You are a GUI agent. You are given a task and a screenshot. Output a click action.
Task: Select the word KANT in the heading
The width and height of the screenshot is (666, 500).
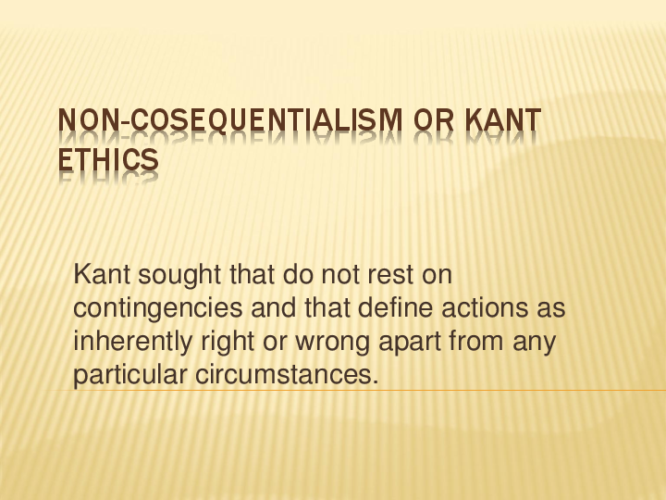tap(505, 121)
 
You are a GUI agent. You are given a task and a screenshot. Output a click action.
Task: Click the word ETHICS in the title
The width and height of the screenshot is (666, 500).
tap(107, 161)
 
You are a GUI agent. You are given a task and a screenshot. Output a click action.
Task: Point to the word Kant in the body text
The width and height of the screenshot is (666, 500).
tap(97, 274)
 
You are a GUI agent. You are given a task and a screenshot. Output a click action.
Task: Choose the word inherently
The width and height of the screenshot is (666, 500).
tap(133, 342)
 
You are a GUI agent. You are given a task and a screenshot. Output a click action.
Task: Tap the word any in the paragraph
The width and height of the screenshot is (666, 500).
tap(536, 343)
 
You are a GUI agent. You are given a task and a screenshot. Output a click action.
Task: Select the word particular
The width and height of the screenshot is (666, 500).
tap(130, 376)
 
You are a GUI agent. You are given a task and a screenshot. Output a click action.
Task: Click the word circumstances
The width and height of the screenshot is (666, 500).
tap(288, 376)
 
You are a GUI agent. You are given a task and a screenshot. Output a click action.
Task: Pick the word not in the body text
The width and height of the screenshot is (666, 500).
tap(339, 275)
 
